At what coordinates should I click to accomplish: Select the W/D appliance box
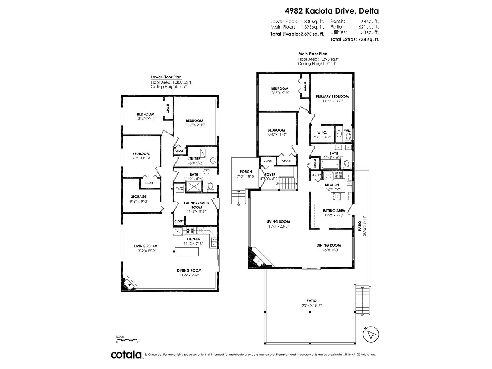coord(179,188)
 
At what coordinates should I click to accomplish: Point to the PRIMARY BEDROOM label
coord(332,97)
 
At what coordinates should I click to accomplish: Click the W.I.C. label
coord(322,133)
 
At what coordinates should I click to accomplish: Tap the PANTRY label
coord(316,175)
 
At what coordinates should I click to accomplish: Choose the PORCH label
coord(246,172)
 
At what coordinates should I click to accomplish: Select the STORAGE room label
coord(139,196)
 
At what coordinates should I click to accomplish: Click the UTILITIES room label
coord(194,159)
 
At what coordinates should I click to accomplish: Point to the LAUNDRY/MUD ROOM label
coord(196,205)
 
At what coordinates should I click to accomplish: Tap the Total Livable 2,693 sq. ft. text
coord(297,34)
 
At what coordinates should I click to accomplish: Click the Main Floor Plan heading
coord(313,54)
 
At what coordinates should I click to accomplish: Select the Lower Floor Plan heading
coord(166,77)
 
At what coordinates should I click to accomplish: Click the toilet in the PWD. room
coord(348,137)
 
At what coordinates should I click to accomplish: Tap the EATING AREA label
coord(334,211)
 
